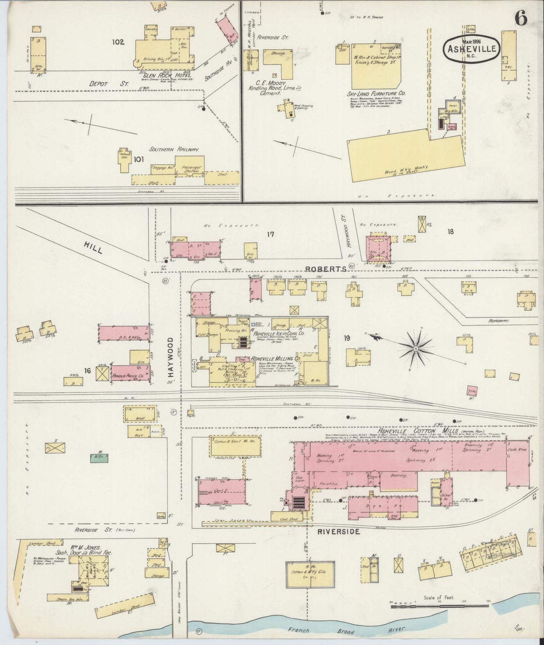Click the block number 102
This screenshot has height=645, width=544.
coord(117,42)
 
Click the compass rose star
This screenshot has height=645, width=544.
coord(416,349)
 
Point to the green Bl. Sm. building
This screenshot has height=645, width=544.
coord(99,458)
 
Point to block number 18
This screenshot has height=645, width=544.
coord(450,231)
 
